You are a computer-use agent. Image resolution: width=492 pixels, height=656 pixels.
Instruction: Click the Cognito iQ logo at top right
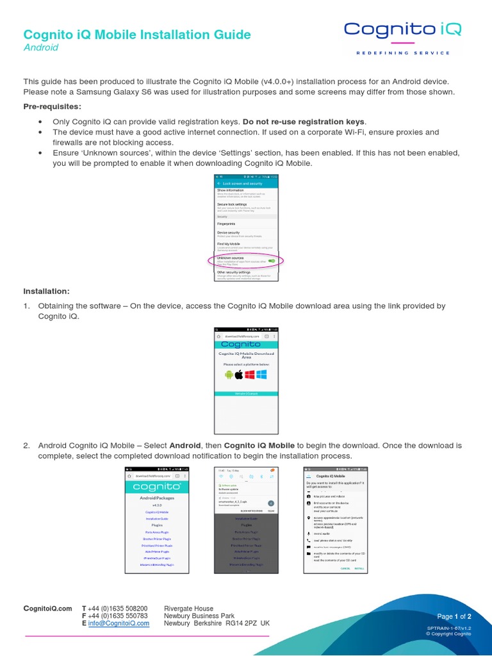402,29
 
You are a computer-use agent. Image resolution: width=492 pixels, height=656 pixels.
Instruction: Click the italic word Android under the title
41,47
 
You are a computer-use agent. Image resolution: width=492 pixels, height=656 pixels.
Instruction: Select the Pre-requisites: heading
53,106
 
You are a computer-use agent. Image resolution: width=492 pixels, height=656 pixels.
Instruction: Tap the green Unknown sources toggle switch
272,261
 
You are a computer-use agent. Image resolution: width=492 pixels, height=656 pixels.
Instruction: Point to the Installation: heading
47,291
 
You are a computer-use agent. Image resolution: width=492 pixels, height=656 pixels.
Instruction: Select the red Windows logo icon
250,375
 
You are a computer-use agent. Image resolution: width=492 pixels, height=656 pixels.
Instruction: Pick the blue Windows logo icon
261,375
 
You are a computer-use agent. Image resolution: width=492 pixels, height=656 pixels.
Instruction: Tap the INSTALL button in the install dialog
360,568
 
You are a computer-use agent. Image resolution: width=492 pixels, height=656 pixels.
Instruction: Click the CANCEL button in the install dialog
346,568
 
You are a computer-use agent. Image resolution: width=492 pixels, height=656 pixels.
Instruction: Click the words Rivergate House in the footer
189,608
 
